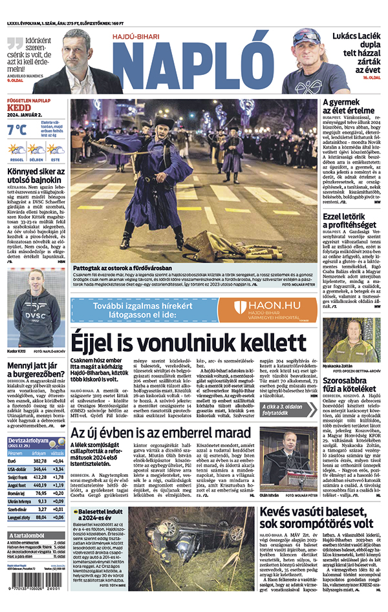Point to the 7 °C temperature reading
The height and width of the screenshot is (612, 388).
(17, 130)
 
